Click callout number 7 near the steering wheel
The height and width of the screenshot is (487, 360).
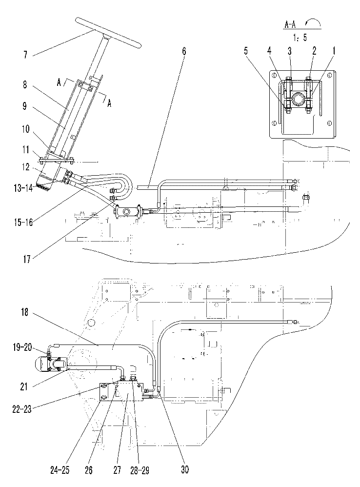pyautogui.click(x=26, y=55)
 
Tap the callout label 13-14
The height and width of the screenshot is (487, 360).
pyautogui.click(x=23, y=188)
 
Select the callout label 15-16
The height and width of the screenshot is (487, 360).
pyautogui.click(x=23, y=223)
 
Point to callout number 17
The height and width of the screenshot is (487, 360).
pyautogui.click(x=27, y=259)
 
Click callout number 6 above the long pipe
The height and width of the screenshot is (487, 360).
pyautogui.click(x=184, y=51)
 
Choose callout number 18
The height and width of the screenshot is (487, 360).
pyautogui.click(x=25, y=312)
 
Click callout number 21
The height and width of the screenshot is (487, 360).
pyautogui.click(x=24, y=386)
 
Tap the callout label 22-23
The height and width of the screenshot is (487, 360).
pyautogui.click(x=22, y=409)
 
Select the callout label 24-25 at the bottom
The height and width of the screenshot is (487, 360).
pyautogui.click(x=60, y=470)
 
